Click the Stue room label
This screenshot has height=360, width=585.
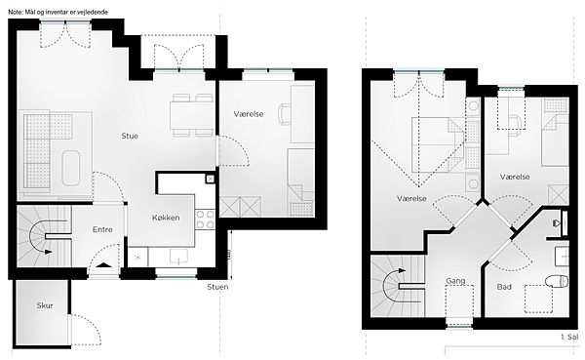pos(130,136)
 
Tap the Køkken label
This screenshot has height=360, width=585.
pos(166,218)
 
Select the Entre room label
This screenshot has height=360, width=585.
pos(102,229)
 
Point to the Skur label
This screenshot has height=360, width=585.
pos(45,305)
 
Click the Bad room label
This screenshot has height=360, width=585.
pos(504,287)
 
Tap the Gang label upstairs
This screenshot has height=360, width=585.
pos(455,280)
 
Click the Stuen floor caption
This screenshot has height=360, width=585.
pos(217,287)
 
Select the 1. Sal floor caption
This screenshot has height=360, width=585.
pos(569,337)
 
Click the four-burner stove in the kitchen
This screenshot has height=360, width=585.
pos(205,220)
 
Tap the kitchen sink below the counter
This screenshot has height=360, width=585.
pos(179,257)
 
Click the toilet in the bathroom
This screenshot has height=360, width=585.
pos(557,281)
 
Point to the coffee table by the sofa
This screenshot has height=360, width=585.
pos(71,168)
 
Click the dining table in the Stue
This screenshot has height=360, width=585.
pos(192,115)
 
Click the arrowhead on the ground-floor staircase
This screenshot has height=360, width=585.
pos(48,252)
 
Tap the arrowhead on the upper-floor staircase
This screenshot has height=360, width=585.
pos(402,270)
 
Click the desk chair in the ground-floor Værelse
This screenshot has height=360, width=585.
pos(285,113)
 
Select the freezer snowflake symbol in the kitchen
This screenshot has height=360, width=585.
pos(138,257)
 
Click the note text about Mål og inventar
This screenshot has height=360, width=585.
pos(58,12)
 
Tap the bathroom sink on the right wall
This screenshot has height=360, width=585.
pos(562,256)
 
